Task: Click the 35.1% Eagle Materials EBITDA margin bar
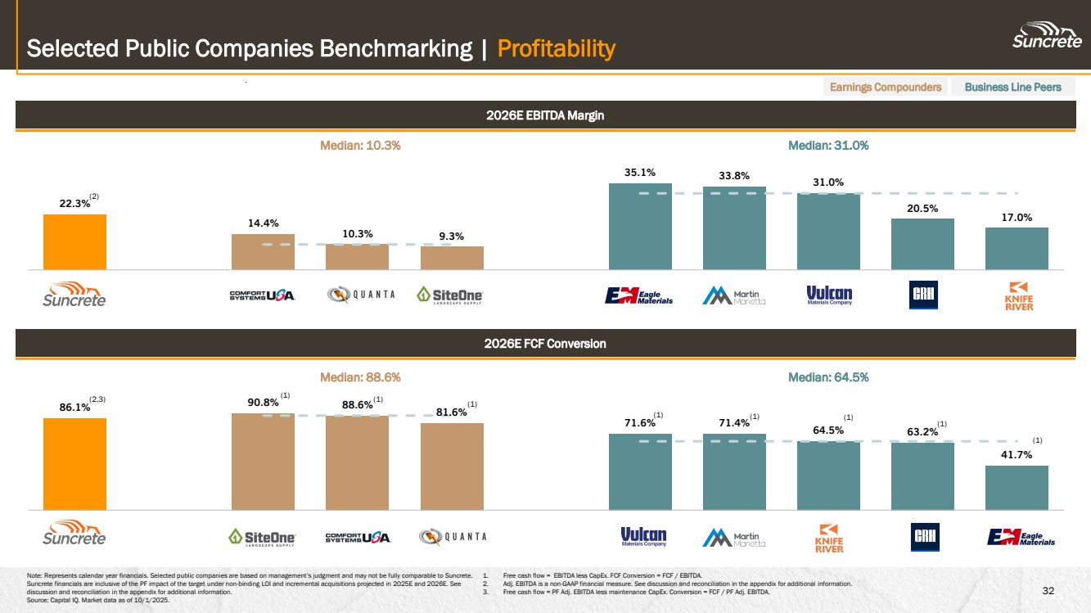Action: [640, 226]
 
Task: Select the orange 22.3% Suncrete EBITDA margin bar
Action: [74, 241]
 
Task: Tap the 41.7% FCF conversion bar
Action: [1017, 488]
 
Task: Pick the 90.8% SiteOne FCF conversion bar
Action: [263, 462]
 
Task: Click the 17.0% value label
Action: [1016, 218]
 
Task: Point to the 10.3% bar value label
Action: [358, 233]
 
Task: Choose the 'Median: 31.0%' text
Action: [827, 145]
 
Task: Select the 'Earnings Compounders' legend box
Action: [885, 87]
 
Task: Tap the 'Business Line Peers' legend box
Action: [1012, 87]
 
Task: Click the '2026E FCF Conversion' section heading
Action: [545, 344]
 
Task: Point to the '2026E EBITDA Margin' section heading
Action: [545, 115]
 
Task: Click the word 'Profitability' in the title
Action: [556, 49]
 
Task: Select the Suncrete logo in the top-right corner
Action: [1047, 37]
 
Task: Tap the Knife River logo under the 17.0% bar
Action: [1020, 295]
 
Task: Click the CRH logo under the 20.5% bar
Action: [922, 295]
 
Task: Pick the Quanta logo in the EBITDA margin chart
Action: [361, 295]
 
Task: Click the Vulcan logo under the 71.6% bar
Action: [643, 538]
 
